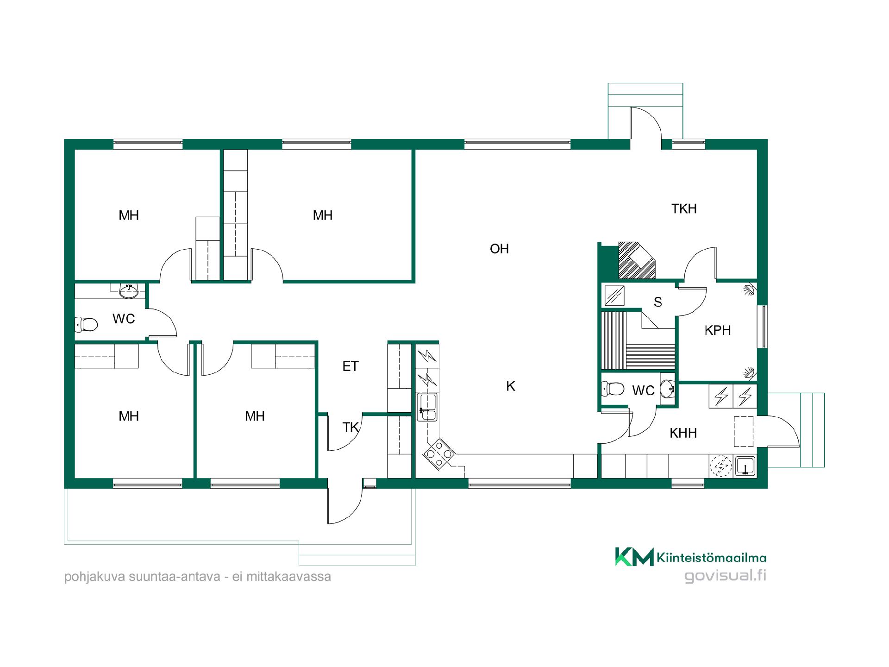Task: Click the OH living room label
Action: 499,249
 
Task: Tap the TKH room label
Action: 684,208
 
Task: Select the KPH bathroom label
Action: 717,330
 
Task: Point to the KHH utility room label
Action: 683,433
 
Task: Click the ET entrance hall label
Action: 350,366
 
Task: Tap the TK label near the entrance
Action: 351,427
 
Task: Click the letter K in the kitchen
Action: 511,386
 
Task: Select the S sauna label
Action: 657,302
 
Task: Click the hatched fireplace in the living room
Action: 637,260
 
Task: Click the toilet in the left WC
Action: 87,324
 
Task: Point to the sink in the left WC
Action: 128,291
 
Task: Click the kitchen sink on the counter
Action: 427,407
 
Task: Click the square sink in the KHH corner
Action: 745,466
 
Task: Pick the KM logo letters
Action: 634,557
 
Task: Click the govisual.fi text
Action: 725,576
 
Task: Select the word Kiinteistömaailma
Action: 711,558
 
